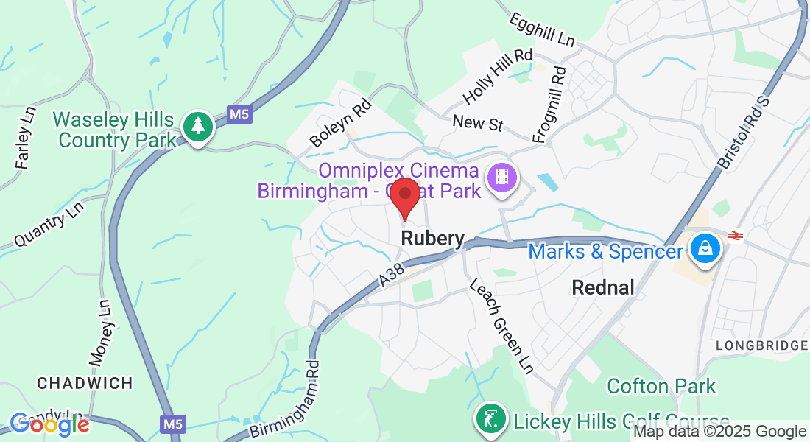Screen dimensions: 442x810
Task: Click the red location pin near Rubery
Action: point(404,196)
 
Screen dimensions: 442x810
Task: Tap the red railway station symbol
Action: point(734,235)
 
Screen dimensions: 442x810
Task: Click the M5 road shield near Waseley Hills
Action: point(239,114)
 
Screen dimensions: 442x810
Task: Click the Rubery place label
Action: point(433,239)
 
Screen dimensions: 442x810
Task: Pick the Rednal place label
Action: point(603,287)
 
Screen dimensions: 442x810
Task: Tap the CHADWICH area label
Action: point(85,383)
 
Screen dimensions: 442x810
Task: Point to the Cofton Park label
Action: point(661,386)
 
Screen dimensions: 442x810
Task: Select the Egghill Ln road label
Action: point(541,29)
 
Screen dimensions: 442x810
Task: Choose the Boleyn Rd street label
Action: point(341,123)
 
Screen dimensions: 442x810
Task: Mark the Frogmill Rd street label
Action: point(552,104)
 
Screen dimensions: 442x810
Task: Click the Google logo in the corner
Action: point(49,424)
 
